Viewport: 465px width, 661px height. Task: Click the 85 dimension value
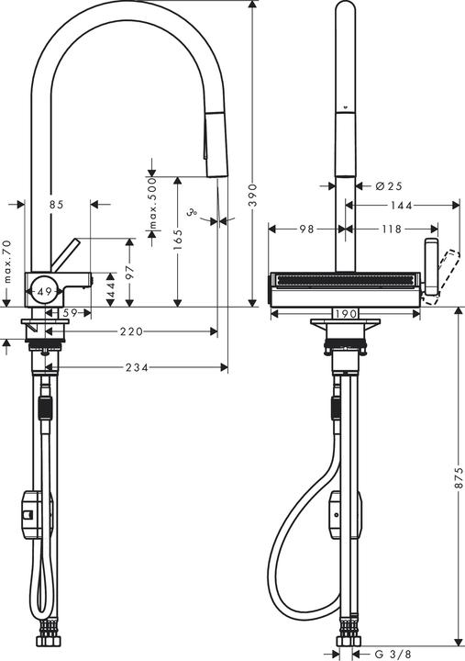pos(56,205)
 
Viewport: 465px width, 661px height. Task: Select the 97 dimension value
pos(130,272)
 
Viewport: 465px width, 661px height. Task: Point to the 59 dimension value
pos(69,314)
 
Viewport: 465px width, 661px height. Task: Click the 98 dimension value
pos(306,228)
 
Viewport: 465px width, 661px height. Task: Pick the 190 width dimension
pos(345,314)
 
